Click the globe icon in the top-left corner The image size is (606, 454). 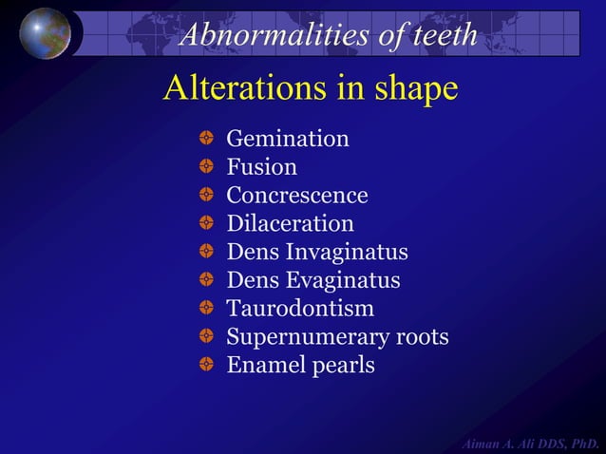[45, 33]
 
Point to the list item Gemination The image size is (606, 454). [287, 139]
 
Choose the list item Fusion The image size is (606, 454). [261, 167]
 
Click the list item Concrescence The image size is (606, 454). [296, 196]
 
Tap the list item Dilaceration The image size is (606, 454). [290, 224]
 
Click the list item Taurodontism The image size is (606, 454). [300, 309]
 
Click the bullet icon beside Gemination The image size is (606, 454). [207, 140]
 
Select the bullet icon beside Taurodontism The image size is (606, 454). [207, 309]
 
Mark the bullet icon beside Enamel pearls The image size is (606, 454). [207, 365]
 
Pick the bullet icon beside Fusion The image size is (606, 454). [207, 168]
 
